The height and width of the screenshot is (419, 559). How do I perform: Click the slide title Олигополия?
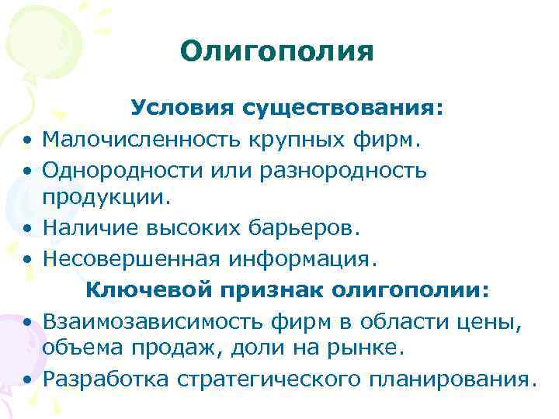(x=276, y=52)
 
